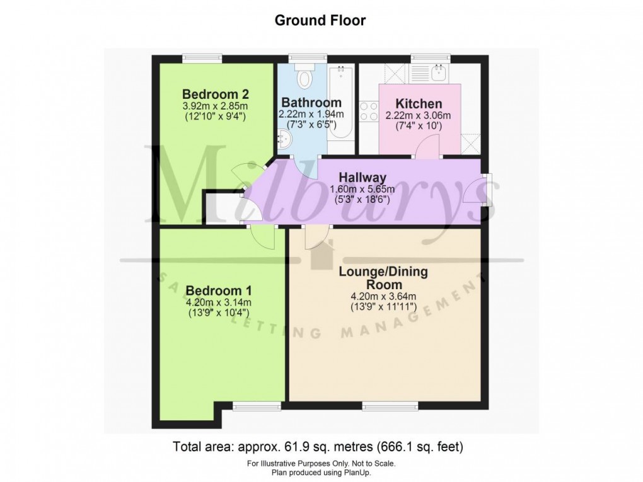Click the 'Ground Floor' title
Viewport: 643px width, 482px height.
tap(320, 20)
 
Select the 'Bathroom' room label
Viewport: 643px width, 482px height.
tap(311, 103)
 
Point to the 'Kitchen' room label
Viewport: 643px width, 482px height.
tap(418, 104)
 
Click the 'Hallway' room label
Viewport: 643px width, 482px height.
tap(362, 178)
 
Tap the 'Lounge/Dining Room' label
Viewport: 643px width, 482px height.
tap(383, 278)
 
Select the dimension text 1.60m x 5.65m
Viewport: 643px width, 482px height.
tap(362, 189)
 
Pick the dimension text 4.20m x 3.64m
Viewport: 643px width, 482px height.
tap(383, 297)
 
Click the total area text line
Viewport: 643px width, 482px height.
tap(318, 447)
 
